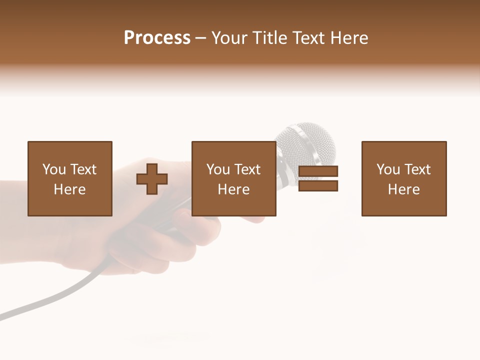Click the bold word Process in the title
157,38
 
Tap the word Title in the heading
270,38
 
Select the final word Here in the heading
348,38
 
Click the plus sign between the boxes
152,179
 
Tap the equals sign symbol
318,178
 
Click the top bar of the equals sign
318,171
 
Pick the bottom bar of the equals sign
318,185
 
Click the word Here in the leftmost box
69,189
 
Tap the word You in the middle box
217,169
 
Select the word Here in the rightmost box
403,189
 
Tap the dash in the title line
200,38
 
